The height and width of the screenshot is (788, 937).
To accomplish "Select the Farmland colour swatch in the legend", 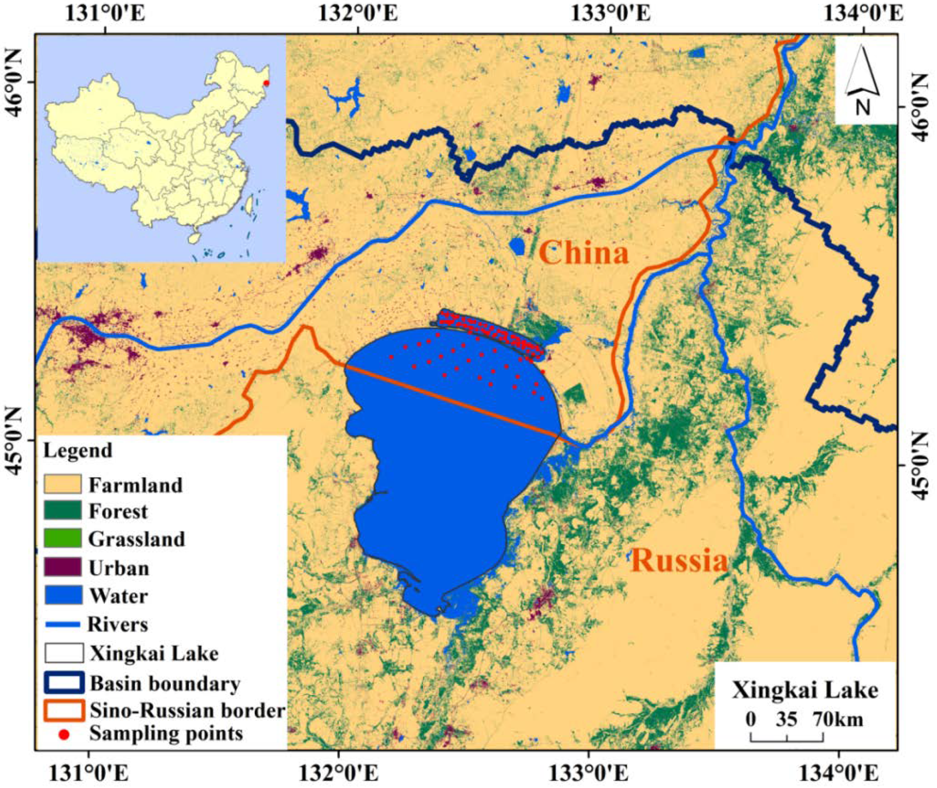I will (63, 484).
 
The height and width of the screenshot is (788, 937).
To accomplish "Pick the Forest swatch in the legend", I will (63, 510).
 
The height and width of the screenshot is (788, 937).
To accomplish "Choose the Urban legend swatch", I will (63, 567).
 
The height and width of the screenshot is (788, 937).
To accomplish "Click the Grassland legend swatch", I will (63, 538).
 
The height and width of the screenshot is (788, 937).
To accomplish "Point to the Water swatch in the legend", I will (63, 595).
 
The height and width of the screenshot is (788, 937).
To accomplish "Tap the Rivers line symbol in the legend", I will (62, 624).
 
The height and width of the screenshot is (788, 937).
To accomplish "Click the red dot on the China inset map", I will (266, 83).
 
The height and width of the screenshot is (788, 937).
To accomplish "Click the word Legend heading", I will (78, 450).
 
